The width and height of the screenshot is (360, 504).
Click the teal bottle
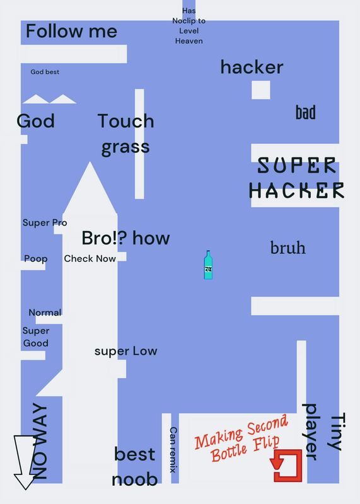208,265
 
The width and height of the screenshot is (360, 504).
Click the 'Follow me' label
71,31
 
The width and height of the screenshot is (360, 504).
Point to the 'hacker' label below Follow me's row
252,67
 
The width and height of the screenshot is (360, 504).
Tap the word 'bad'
306,112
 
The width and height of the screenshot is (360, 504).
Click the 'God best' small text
45,72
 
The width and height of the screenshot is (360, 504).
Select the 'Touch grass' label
126,134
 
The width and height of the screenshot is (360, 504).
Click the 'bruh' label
288,248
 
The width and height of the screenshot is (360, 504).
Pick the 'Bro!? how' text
126,238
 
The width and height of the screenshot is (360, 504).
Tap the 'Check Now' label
90,258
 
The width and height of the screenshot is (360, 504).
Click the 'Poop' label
36,259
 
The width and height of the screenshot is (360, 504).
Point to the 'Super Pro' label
45,222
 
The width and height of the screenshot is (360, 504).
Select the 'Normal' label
45,312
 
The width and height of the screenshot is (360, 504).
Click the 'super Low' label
126,351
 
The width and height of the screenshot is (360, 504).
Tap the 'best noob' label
135,467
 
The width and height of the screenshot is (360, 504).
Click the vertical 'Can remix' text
173,450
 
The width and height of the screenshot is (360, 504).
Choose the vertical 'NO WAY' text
40,441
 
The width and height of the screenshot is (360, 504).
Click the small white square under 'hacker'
261,90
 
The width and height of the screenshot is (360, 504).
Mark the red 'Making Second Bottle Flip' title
241,438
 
